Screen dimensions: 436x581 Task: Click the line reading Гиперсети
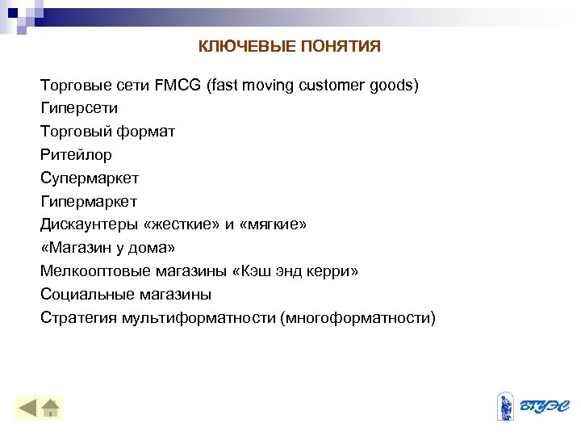pyautogui.click(x=79, y=107)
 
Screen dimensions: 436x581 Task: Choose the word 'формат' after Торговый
pyautogui.click(x=146, y=131)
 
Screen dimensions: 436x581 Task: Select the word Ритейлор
pyautogui.click(x=76, y=154)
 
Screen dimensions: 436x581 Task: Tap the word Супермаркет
pyautogui.click(x=90, y=178)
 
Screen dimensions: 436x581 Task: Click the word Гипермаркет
pyautogui.click(x=89, y=201)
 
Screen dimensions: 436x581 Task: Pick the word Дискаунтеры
pyautogui.click(x=90, y=224)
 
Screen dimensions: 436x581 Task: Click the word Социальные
pyautogui.click(x=86, y=295)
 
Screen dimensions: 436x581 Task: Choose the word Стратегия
pyautogui.click(x=78, y=318)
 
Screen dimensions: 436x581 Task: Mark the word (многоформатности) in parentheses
pyautogui.click(x=357, y=318)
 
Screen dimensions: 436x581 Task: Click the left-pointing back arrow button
pyautogui.click(x=28, y=407)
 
